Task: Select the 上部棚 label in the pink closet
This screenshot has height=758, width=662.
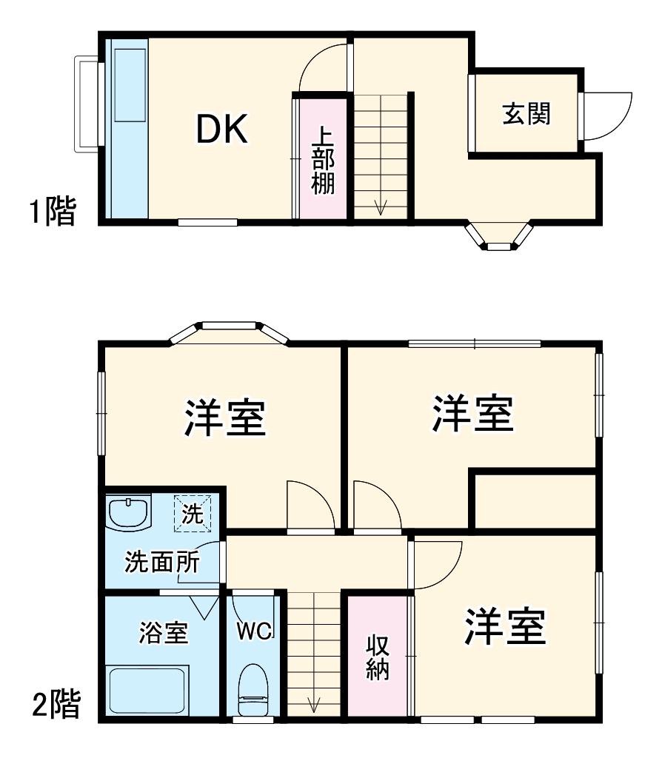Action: click(322, 160)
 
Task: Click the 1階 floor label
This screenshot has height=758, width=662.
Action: click(53, 213)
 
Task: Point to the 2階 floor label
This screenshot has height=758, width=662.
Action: click(56, 705)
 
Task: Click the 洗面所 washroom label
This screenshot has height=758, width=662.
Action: click(161, 563)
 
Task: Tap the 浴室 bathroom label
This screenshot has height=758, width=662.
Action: click(164, 633)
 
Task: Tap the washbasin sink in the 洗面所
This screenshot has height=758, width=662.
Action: click(129, 513)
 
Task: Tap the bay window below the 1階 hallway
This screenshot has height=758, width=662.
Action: click(499, 236)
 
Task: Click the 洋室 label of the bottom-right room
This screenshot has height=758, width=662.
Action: click(506, 628)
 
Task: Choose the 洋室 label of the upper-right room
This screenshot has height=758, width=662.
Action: click(473, 415)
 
